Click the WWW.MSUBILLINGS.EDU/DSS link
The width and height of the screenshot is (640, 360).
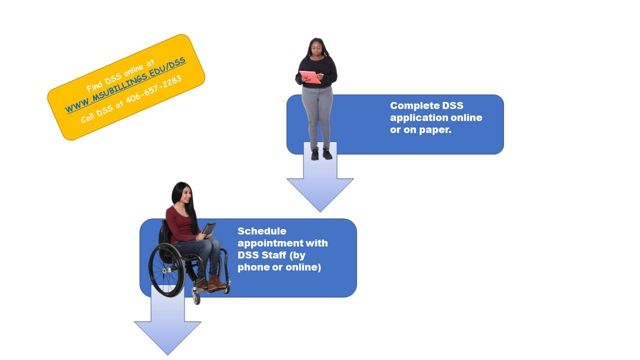coord(125,84)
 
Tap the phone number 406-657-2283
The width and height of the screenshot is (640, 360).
coord(153,89)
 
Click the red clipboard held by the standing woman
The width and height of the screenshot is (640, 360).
coord(310,77)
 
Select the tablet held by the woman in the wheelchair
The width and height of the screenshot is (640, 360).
coord(209,229)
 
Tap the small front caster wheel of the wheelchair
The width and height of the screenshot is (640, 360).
coord(196,298)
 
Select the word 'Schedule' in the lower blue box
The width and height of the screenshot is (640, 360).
coord(261,231)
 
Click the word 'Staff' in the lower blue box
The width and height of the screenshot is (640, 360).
coord(273,255)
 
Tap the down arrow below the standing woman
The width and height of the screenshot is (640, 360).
coord(320,177)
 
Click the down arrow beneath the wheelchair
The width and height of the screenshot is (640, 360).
coord(167,320)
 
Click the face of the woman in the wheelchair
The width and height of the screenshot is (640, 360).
coord(186,195)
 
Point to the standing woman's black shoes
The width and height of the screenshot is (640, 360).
coord(321,154)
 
